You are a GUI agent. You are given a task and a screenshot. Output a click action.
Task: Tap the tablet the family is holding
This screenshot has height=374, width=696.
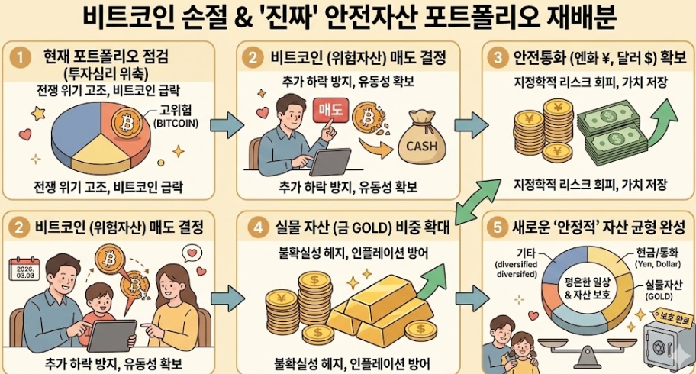111,337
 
